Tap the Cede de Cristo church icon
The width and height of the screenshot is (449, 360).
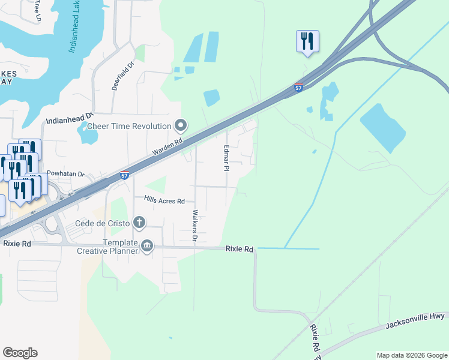click(139, 223)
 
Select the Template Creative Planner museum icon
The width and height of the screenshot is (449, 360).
click(146, 245)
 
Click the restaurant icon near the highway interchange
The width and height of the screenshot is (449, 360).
click(307, 41)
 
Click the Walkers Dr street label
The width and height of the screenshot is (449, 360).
click(194, 226)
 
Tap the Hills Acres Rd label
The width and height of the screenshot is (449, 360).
click(164, 200)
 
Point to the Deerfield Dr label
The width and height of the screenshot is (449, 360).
click(122, 74)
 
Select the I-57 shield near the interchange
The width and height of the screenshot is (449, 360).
click(298, 88)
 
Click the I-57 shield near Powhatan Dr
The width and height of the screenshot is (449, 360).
click(124, 175)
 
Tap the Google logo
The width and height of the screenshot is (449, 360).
click(20, 353)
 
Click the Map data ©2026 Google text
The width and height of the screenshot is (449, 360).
click(412, 355)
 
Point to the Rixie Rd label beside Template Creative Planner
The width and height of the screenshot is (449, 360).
click(240, 248)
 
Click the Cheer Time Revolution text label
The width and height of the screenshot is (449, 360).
click(129, 126)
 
